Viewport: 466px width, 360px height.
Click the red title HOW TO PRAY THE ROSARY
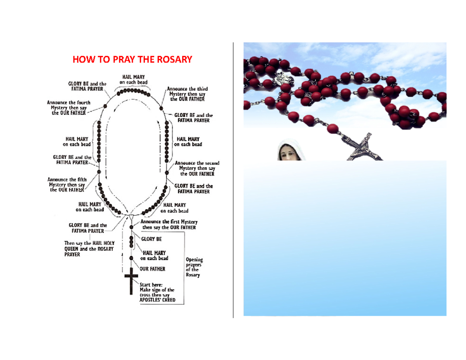(132, 59)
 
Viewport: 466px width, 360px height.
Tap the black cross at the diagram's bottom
(131, 281)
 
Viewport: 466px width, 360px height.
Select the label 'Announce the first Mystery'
(169, 222)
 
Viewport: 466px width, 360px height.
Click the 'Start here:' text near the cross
(151, 285)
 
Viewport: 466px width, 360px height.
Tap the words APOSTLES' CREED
(157, 300)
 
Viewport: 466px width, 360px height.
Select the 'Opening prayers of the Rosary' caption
(194, 267)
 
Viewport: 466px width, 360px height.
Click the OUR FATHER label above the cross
(152, 269)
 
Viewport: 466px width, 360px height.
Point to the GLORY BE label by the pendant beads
(151, 239)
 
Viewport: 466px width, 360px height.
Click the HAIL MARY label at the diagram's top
(133, 80)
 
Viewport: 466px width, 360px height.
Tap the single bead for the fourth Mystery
(105, 106)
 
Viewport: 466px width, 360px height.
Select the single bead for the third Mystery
(161, 108)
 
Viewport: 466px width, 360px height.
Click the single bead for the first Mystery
(131, 227)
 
